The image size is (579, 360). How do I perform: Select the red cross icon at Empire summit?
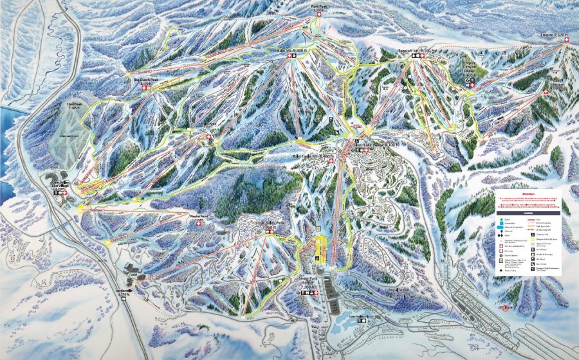(x=566, y=40)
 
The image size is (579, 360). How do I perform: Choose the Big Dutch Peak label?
(x=145, y=79)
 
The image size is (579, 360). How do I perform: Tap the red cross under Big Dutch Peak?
(x=146, y=88)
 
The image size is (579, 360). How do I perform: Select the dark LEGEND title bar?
(x=528, y=212)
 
